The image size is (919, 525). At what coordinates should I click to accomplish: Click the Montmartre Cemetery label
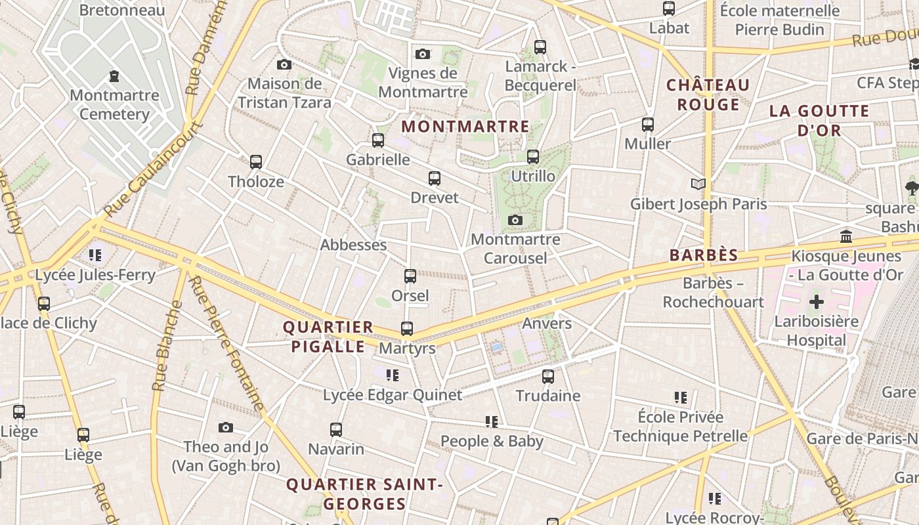point(114,105)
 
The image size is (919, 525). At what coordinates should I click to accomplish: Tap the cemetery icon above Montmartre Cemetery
point(114,77)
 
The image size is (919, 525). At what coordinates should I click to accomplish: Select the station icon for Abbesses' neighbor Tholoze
point(256,161)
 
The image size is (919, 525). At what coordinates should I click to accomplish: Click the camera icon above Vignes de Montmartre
point(423,54)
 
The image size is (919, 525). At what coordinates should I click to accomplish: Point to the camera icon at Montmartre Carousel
point(515,220)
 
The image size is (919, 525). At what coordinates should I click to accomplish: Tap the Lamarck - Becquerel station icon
point(540,47)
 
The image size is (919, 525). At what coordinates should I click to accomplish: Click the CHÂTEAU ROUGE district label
point(708,95)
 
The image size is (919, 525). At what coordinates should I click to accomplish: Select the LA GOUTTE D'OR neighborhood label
point(819,121)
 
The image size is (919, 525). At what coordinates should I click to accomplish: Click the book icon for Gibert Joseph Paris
point(698,184)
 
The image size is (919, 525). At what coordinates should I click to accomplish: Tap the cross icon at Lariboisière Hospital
point(816,302)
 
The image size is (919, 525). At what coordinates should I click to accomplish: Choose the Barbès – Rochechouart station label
point(713,293)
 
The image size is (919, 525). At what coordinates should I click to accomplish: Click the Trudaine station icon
point(547,377)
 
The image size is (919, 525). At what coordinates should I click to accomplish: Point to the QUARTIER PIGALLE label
point(328,337)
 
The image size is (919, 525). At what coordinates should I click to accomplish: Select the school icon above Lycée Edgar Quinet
point(392,375)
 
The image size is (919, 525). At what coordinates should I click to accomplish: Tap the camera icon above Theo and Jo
point(226,428)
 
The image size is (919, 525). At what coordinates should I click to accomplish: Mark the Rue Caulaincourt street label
point(152,169)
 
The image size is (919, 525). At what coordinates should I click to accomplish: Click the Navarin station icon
point(336,430)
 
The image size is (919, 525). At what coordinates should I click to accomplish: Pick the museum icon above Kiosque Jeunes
point(845,236)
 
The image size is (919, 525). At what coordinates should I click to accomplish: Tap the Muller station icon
point(647,124)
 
